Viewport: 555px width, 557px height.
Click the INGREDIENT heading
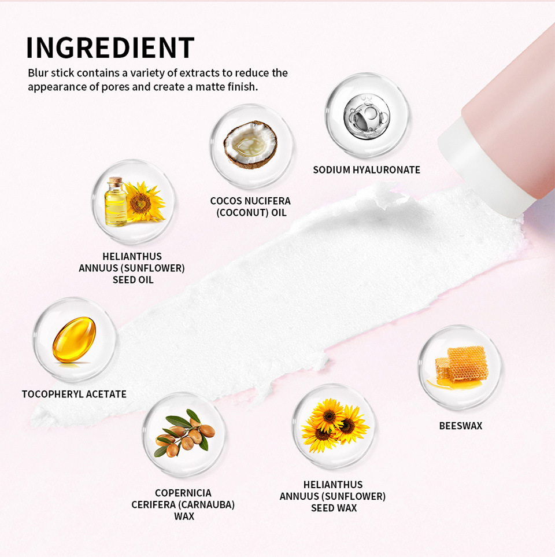[x=110, y=48]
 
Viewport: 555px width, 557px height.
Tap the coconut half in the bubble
[x=250, y=145]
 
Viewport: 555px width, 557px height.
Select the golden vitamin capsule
[x=74, y=340]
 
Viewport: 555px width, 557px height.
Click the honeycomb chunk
[x=462, y=364]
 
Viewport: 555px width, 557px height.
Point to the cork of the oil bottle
[x=116, y=181]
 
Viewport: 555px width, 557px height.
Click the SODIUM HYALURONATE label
[x=367, y=170]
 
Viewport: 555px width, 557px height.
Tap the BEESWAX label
[x=460, y=426]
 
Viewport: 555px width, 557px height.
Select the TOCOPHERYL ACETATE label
[x=74, y=394]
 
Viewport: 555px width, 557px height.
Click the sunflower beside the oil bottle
[x=145, y=201]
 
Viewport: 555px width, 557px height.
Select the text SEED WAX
[x=334, y=508]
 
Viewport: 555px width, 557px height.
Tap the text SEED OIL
[x=132, y=279]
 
